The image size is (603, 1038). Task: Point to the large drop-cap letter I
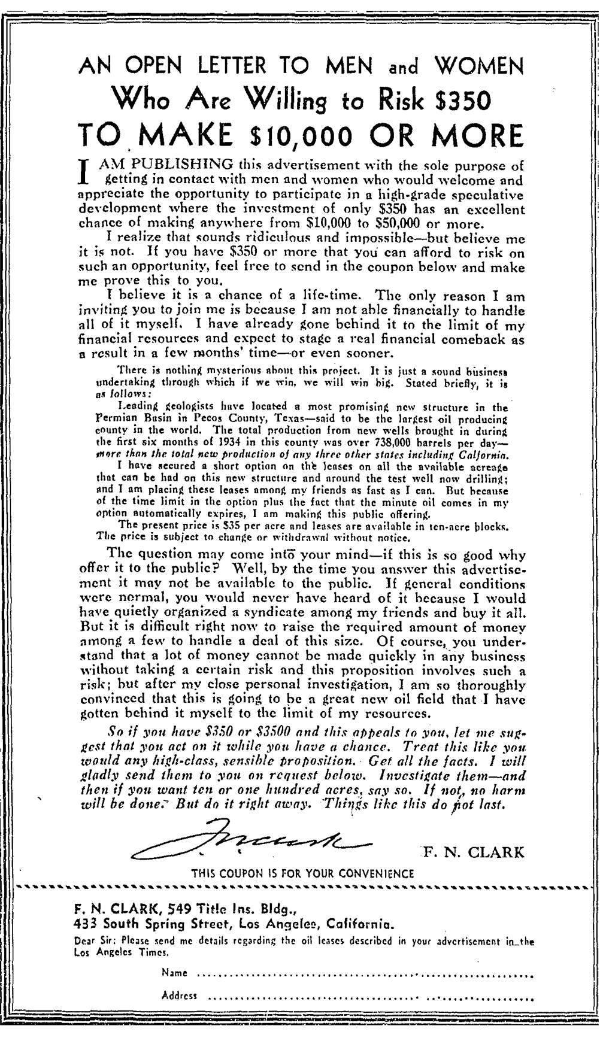tap(85, 170)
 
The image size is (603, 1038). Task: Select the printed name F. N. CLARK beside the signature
tap(473, 852)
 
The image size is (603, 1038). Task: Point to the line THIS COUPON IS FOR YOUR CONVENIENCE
tap(302, 873)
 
